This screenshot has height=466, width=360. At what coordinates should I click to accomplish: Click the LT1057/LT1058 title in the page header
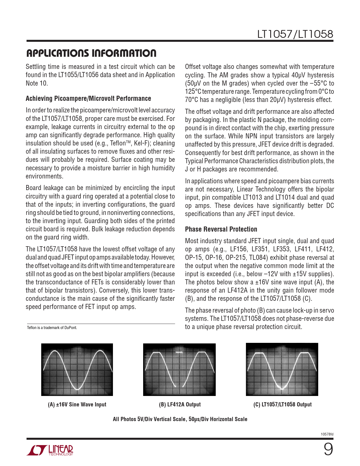tap(295, 34)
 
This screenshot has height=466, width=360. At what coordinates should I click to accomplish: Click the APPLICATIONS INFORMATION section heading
tap(91, 53)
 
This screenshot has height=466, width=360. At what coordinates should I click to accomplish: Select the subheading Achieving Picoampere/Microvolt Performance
tap(88, 99)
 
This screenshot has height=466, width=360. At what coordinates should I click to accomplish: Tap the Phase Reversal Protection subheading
tap(221, 229)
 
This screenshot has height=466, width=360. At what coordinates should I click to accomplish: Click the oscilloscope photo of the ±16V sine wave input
tap(77, 369)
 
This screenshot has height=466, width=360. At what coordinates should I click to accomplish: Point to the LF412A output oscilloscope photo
tap(179, 369)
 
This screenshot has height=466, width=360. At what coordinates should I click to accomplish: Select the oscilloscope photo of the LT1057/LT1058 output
tap(282, 369)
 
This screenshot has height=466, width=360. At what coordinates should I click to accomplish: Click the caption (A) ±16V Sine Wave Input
tap(77, 404)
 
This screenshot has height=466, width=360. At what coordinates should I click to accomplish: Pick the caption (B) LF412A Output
tap(180, 404)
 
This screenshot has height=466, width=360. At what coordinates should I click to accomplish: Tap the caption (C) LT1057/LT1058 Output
tap(282, 404)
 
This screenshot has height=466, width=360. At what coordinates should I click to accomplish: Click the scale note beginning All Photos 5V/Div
tap(180, 419)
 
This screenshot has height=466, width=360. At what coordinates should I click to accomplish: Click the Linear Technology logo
tap(50, 450)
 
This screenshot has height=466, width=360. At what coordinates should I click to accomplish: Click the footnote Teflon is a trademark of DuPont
tap(52, 328)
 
